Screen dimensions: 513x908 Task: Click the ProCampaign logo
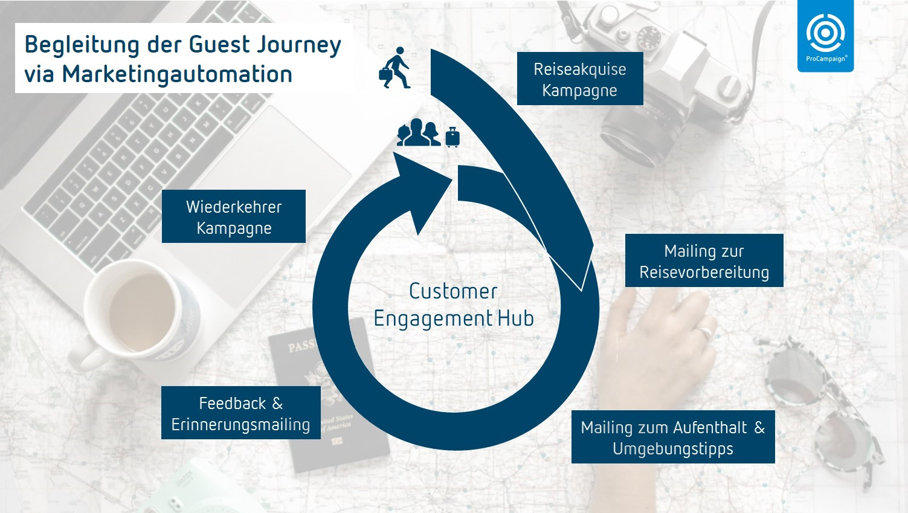825,36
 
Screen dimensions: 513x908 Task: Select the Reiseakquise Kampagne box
579,79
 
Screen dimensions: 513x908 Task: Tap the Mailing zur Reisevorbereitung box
704,261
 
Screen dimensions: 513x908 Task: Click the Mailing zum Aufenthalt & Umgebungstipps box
672,437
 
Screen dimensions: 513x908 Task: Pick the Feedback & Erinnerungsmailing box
240,413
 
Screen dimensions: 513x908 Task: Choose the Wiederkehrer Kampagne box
234,217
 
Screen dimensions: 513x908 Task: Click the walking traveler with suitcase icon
394,68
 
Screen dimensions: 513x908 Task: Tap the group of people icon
418,133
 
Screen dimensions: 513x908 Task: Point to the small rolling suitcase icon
452,138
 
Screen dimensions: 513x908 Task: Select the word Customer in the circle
453,291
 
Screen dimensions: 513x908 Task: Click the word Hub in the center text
515,318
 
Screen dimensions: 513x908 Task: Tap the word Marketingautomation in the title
177,74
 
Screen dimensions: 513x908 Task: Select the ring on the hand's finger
705,332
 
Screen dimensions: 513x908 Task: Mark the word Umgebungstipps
672,449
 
